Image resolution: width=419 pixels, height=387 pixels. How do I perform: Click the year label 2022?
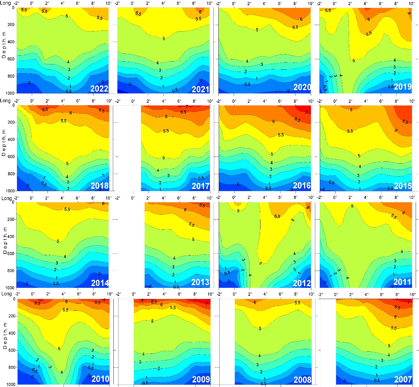tap(99, 89)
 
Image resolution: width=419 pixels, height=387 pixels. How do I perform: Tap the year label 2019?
tap(403, 87)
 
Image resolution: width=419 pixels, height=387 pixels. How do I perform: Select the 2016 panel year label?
tap(302, 186)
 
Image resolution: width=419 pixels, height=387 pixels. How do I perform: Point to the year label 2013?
tap(200, 282)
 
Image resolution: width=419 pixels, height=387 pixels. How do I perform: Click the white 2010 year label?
tap(100, 379)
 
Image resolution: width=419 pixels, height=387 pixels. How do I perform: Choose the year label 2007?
tap(403, 379)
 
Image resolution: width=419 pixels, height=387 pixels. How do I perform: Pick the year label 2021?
tap(201, 89)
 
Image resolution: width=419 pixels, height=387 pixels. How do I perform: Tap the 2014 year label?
tap(100, 283)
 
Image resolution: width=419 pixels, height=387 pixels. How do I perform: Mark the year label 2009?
tap(201, 379)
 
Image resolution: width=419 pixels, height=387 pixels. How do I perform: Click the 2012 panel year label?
tap(302, 283)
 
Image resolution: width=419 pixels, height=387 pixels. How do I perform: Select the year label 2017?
tap(201, 186)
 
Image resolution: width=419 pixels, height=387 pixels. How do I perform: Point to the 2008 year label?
tap(302, 380)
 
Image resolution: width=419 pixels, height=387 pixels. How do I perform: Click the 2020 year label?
tap(302, 87)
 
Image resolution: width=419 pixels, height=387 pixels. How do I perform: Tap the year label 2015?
tap(403, 186)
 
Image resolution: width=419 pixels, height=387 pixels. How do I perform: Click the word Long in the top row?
tap(5, 3)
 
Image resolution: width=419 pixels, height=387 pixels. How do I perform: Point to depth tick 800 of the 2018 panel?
tap(11, 174)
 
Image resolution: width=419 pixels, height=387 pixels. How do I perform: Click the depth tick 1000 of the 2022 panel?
tap(10, 93)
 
